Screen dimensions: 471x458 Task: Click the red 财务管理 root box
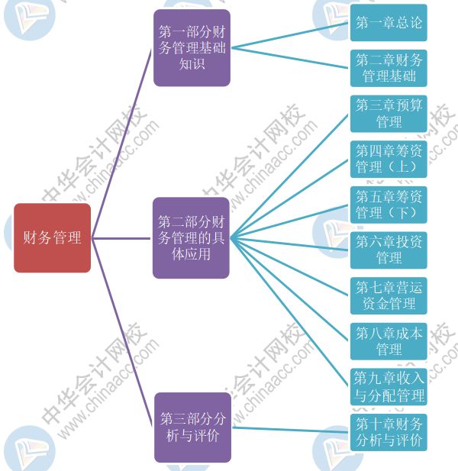(x=52, y=238)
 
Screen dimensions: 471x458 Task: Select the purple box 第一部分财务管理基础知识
(x=192, y=47)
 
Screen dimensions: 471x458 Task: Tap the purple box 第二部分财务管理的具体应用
(x=191, y=237)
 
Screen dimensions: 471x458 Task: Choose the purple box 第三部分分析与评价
(x=192, y=427)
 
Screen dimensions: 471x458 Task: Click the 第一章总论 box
(x=389, y=23)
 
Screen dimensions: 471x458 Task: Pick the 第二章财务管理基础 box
(x=389, y=68)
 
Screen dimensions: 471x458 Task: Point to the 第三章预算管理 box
(x=389, y=114)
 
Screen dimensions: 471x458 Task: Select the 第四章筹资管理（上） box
(x=389, y=159)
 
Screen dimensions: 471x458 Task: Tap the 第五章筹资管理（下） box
(x=389, y=205)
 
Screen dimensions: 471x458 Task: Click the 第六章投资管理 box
(x=389, y=250)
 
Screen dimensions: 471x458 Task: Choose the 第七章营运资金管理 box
(x=389, y=295)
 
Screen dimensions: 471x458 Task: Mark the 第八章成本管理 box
(x=389, y=341)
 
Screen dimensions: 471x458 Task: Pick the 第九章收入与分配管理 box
(x=389, y=387)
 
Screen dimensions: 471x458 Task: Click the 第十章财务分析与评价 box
(x=389, y=432)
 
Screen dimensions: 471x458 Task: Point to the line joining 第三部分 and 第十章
(x=290, y=430)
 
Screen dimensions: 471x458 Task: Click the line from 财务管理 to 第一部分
(x=122, y=144)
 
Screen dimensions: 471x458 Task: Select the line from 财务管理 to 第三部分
(x=122, y=332)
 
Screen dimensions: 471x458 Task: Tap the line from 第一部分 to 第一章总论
(x=290, y=35)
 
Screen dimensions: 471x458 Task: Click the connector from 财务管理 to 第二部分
(x=122, y=238)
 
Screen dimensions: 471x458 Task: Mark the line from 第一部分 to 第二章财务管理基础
(x=290, y=58)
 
